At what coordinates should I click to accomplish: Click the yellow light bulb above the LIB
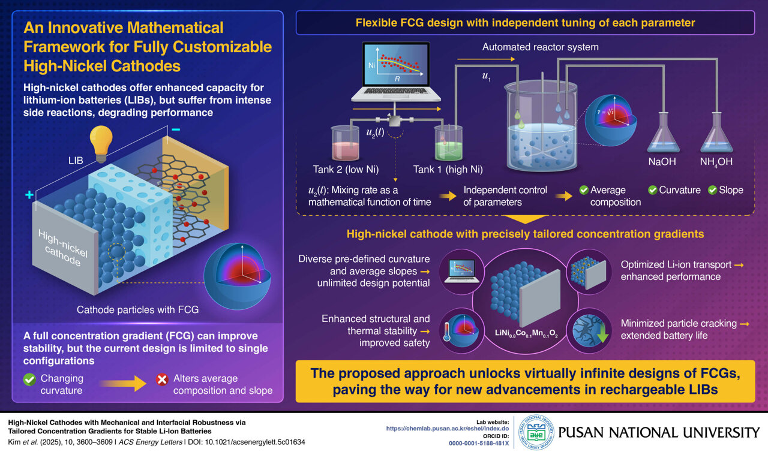pyautogui.click(x=101, y=142)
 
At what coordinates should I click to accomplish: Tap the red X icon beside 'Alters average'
pyautogui.click(x=161, y=379)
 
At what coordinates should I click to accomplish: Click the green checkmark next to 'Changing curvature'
pyautogui.click(x=29, y=379)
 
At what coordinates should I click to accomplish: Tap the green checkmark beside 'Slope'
pyautogui.click(x=712, y=190)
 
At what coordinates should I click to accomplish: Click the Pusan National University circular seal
pyautogui.click(x=532, y=432)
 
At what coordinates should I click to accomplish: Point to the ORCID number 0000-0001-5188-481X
pyautogui.click(x=478, y=443)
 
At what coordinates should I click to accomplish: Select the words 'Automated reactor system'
pyautogui.click(x=541, y=47)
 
